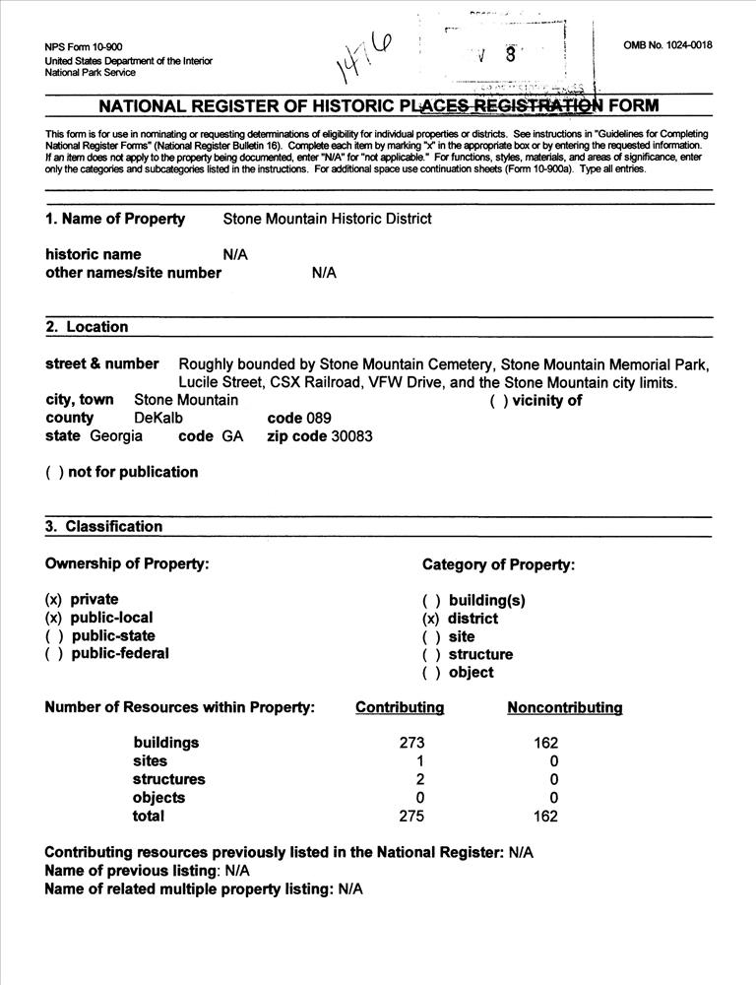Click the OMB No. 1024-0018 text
point(667,45)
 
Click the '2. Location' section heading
point(87,327)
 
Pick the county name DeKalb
point(158,419)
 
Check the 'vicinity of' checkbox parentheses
point(499,401)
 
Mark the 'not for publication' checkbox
point(54,472)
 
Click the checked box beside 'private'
point(54,599)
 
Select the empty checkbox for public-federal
point(54,653)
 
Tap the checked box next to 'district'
point(430,619)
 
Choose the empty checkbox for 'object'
point(430,673)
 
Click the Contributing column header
point(400,707)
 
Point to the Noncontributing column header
point(564,707)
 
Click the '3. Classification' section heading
point(103,526)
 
